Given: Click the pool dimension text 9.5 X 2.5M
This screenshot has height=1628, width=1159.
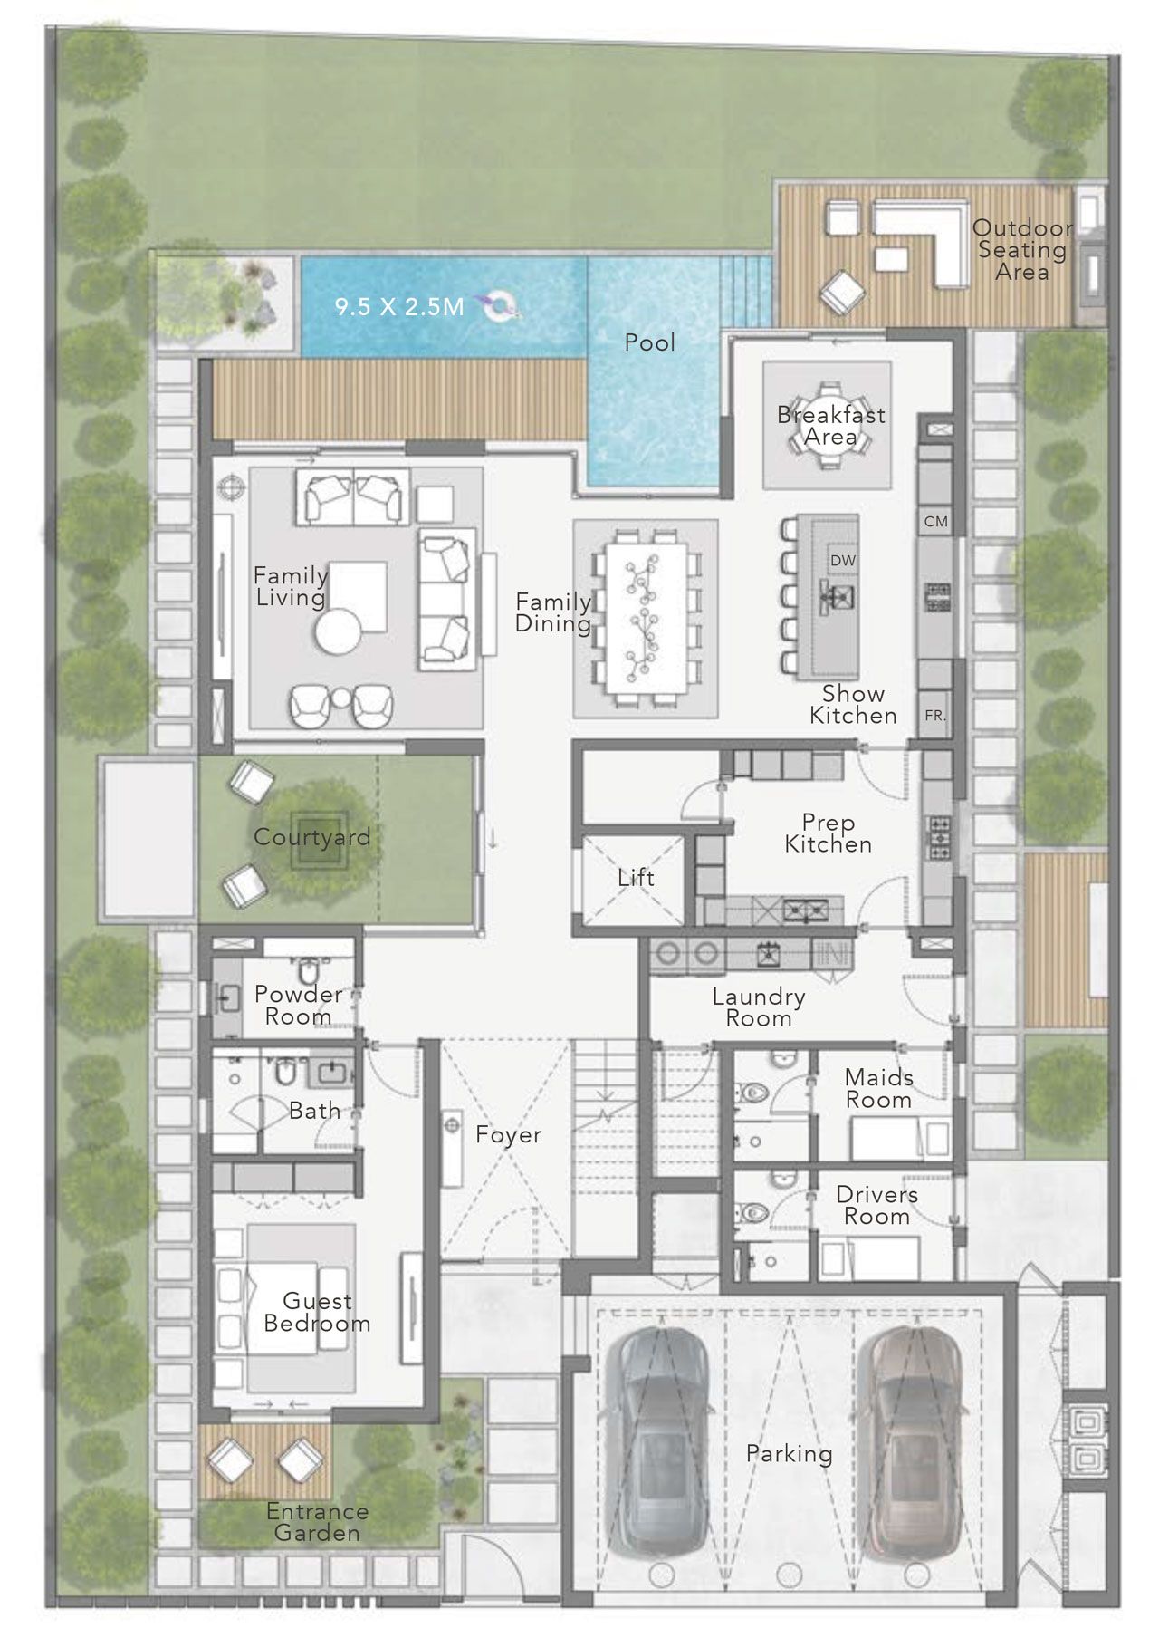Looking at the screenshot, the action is [x=399, y=306].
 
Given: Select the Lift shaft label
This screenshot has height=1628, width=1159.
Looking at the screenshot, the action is [x=636, y=877].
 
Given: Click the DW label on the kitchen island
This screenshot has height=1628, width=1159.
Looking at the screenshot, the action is [x=843, y=561].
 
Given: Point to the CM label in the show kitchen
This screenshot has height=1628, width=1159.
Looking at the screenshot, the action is [x=936, y=522].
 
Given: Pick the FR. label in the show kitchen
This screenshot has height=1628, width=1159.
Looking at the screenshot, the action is [x=935, y=716].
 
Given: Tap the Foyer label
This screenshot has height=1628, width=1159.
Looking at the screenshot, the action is [x=508, y=1134].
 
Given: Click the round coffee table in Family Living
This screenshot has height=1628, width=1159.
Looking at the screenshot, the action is [x=339, y=631].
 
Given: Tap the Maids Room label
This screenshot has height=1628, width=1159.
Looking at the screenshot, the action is [x=878, y=1089].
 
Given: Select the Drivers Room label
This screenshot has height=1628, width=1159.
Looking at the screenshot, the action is [x=876, y=1206].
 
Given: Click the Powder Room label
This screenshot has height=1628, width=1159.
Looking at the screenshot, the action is [x=298, y=1006].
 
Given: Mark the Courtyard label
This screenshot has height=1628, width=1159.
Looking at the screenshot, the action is [x=312, y=837].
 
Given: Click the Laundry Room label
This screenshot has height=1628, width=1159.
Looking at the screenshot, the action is [x=759, y=1007].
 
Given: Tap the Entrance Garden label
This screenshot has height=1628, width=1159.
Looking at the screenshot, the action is [x=317, y=1522].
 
